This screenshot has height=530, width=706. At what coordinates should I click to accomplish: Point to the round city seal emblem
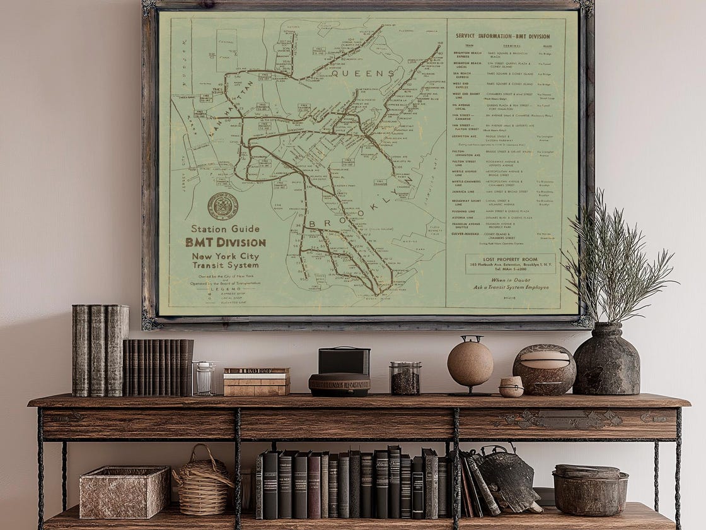point(223,206)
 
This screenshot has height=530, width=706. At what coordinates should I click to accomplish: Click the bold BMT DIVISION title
point(225,242)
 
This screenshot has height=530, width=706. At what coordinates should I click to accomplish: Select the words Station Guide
point(225,229)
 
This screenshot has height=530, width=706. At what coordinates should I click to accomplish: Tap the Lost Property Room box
point(511,263)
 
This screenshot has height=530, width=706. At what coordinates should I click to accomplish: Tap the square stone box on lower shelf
point(124,492)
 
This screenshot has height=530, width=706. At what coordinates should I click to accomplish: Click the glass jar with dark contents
point(405,378)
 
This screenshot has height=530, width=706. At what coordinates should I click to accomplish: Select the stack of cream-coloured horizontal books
point(257,382)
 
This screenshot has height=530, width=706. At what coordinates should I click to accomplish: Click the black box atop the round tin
point(343,361)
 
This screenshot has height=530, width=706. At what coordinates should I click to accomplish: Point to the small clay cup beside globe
point(511,386)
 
